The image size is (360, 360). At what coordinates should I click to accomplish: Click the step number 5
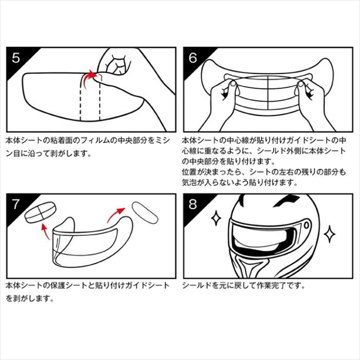16,58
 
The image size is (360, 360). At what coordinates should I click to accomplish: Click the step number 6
193,58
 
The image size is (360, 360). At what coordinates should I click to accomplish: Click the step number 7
15,204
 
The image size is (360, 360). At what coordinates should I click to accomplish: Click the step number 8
193,204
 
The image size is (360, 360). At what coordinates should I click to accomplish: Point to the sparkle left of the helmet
216,217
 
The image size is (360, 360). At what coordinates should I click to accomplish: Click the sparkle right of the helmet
330,234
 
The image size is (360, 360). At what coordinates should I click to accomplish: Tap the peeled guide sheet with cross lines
40,212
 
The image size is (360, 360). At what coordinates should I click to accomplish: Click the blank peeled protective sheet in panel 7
145,213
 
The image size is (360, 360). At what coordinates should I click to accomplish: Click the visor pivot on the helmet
306,225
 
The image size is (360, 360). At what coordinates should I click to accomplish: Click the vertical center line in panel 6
268,93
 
